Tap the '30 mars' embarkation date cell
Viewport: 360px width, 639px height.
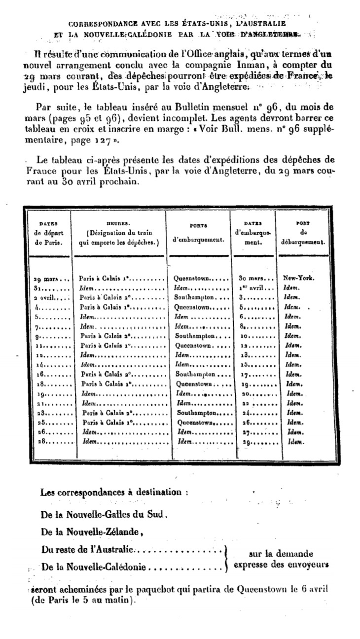coord(256,278)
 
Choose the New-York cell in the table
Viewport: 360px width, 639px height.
coord(299,278)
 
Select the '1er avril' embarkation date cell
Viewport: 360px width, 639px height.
coord(256,288)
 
